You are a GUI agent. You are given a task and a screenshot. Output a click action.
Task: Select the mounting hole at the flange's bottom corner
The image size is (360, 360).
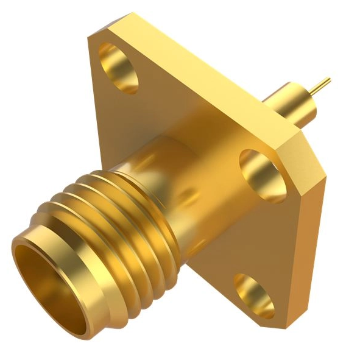click(x=253, y=294)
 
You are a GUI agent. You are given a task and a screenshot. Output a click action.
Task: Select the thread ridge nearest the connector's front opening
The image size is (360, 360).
click(x=67, y=207)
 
